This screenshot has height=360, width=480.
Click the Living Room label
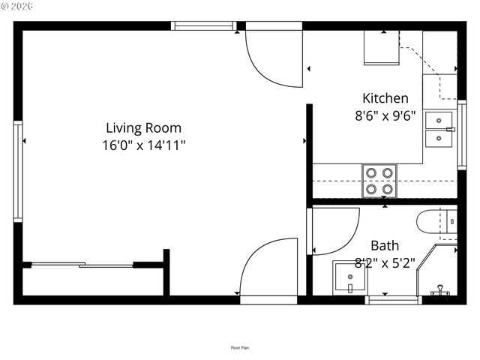143,128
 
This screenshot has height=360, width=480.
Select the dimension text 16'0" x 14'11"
143,145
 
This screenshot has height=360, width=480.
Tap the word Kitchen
385,98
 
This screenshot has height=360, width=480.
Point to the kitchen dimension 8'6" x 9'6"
385,115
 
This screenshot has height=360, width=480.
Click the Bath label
385,245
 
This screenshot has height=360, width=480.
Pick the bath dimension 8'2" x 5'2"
385,262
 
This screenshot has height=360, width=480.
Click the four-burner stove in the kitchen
379,180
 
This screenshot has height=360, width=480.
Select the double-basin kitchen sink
439,130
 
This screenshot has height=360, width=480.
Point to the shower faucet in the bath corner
442,288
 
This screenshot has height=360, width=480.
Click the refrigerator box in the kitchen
382,48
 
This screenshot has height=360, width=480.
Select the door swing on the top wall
274,54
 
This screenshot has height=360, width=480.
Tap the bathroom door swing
334,231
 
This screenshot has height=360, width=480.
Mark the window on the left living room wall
17,171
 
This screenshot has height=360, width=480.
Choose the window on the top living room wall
204,25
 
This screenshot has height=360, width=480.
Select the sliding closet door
82,264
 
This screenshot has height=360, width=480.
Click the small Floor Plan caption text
240,347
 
